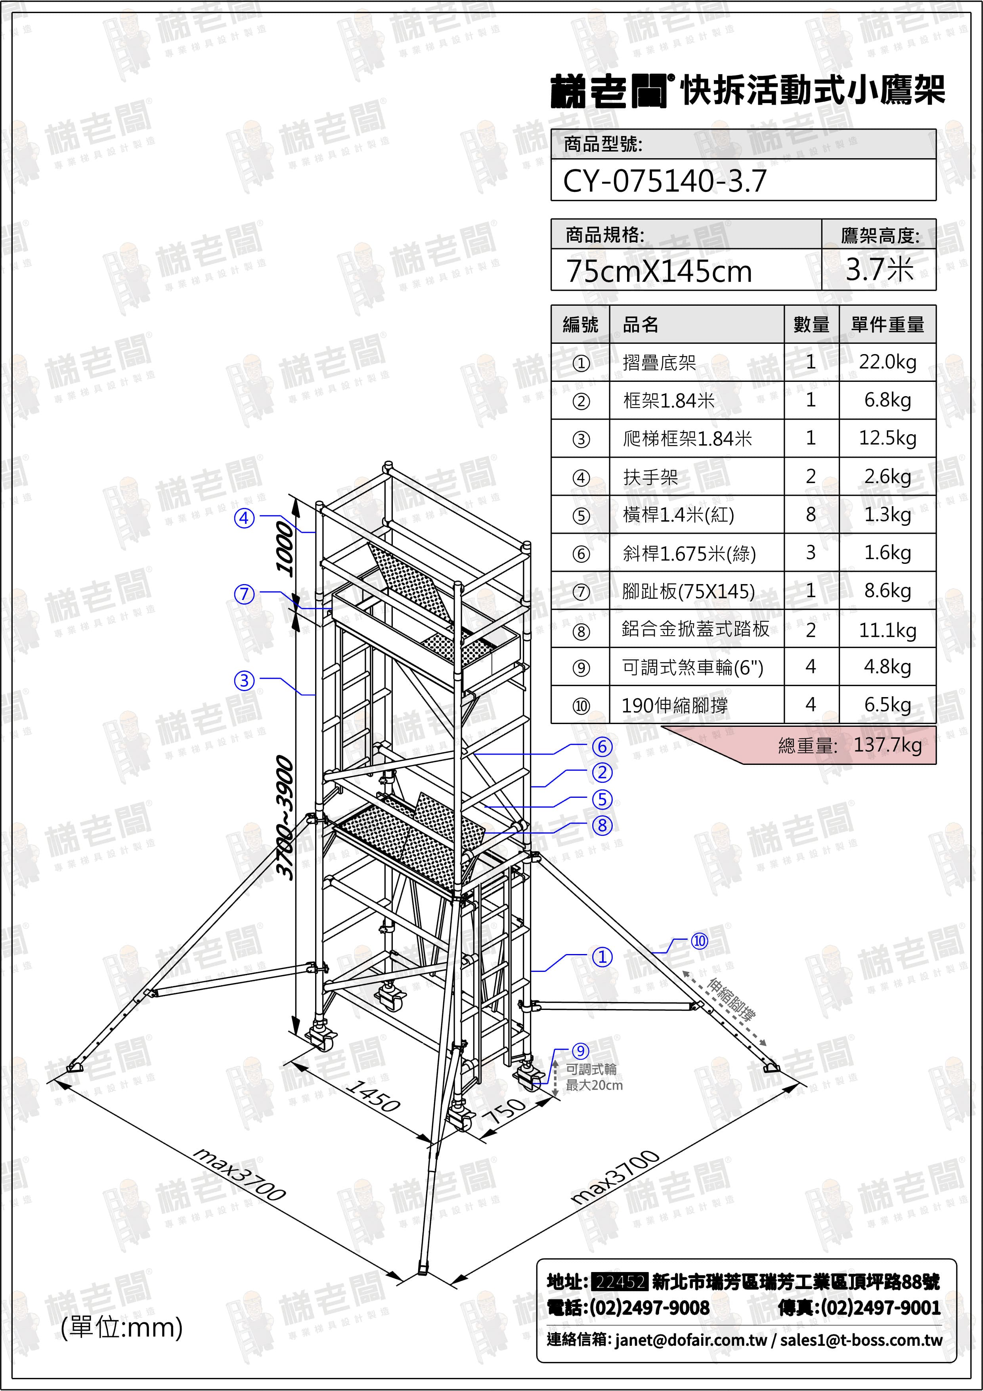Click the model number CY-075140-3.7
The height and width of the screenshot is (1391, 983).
[x=664, y=180]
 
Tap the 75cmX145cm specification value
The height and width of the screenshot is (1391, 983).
[x=659, y=271]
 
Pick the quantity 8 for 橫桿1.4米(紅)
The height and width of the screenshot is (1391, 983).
[x=811, y=514]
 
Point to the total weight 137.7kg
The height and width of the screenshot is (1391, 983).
[x=887, y=745]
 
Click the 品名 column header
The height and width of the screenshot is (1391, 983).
[x=640, y=325]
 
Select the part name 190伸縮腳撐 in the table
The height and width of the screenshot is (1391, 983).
[x=675, y=705]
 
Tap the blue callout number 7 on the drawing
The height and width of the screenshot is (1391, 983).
[x=245, y=594]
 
